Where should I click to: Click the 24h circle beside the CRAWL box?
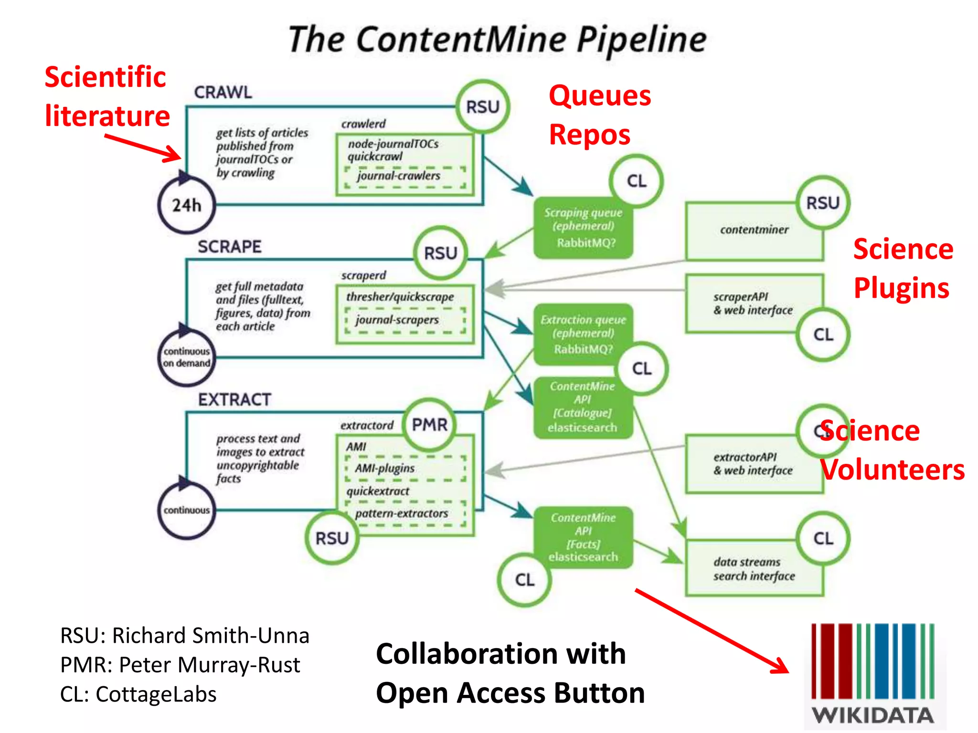click(x=186, y=205)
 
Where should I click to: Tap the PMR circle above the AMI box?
click(x=429, y=424)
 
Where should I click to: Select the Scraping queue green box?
click(x=583, y=228)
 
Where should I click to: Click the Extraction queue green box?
click(x=583, y=334)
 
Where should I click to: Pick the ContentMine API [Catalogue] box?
click(x=583, y=407)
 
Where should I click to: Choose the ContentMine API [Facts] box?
click(x=583, y=537)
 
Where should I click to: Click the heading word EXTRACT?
click(x=234, y=399)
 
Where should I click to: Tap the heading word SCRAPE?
click(x=230, y=247)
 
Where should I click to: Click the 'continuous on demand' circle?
click(x=186, y=357)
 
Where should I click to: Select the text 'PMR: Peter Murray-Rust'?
click(x=180, y=665)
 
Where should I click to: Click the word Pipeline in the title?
click(x=641, y=40)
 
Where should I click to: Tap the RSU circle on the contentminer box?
click(x=822, y=203)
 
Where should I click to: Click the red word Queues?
click(x=600, y=95)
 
